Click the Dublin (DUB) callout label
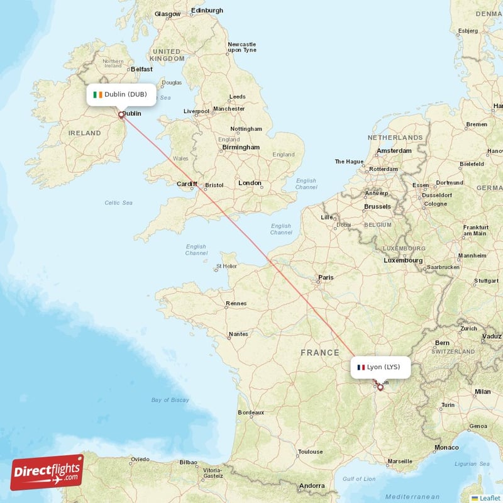coord(121,94)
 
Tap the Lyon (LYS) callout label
coord(380,367)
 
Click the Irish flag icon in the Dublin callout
coord(97,94)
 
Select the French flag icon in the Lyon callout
coord(361,367)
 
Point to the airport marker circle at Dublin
coord(121,115)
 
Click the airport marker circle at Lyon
coord(380,387)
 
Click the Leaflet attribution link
coord(485,497)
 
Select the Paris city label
coord(326,277)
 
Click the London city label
coord(250,183)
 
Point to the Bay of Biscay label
coord(170,400)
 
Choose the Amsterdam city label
coord(394,151)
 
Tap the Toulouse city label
coord(310,451)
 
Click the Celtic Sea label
coord(119,202)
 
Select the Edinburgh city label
coord(207,11)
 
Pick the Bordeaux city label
coord(251,412)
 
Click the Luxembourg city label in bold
coord(403,260)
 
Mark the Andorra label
coord(312,485)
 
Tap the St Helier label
coord(226,267)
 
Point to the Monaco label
coord(446,447)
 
